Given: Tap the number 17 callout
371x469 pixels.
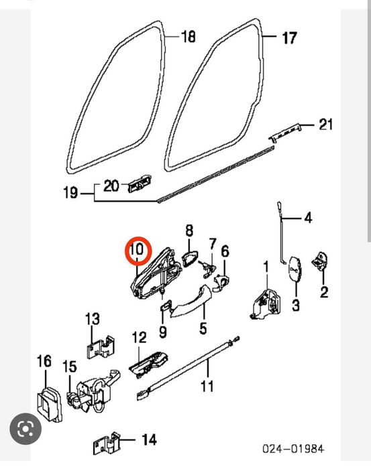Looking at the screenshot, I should [288, 38].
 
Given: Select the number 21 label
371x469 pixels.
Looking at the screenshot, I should [325, 125].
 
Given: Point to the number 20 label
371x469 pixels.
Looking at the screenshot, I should [111, 186].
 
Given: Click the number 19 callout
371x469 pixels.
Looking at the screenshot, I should [70, 194].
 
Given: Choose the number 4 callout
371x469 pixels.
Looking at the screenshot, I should [308, 218].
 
